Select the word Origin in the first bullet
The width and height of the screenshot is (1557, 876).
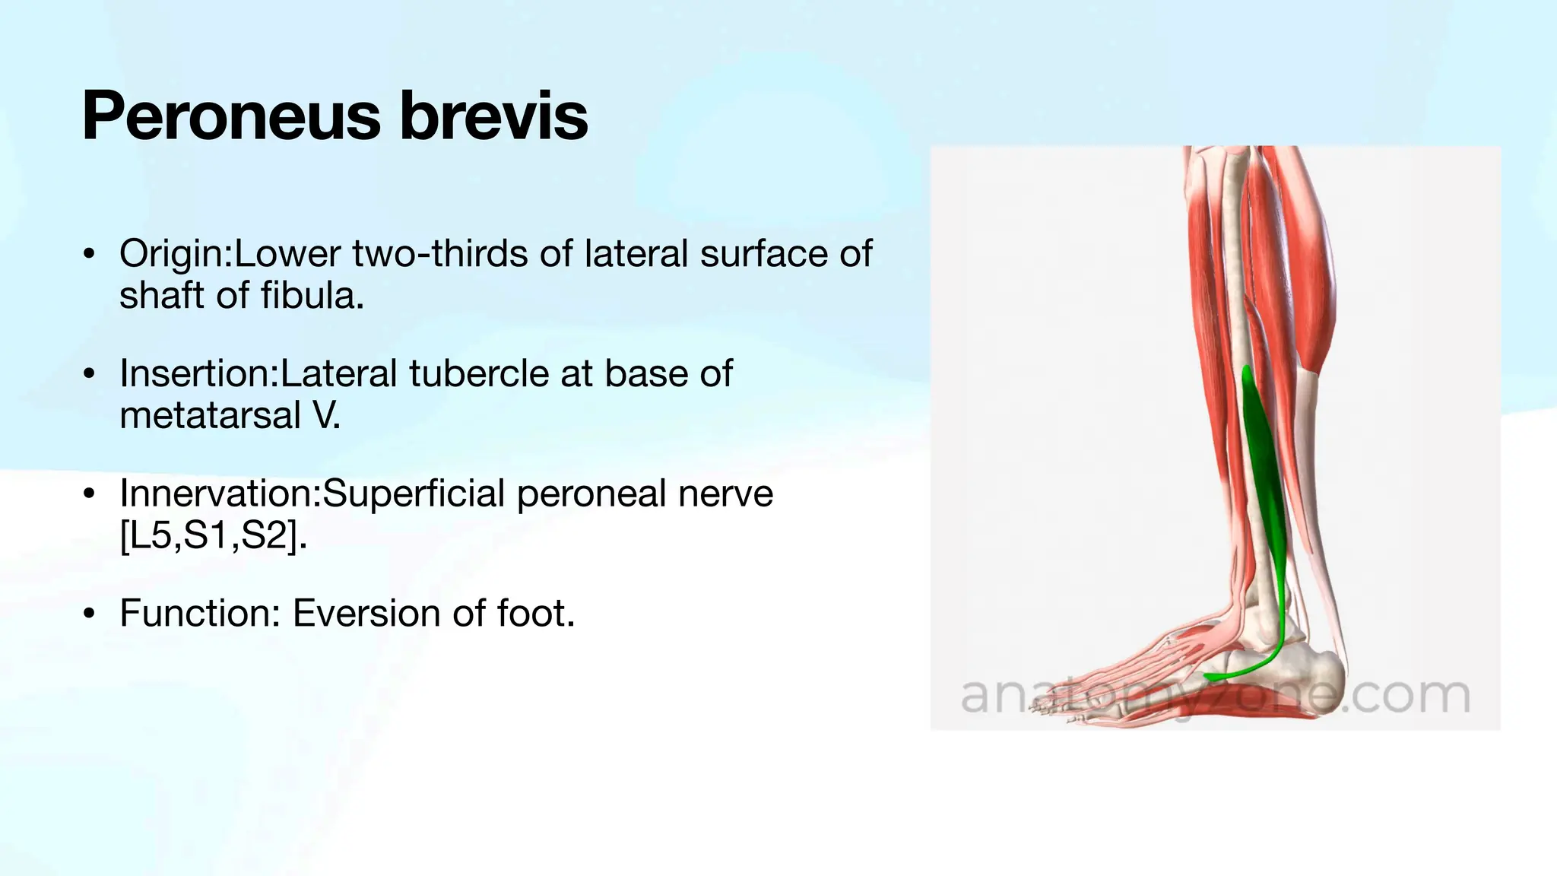(x=173, y=254)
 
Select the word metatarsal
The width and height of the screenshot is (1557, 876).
(x=211, y=415)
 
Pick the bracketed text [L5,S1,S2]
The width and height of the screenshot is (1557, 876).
(x=213, y=535)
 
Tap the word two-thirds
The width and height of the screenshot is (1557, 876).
(x=440, y=254)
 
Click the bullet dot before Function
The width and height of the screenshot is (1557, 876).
(x=90, y=614)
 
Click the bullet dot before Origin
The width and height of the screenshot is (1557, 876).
(x=90, y=254)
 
